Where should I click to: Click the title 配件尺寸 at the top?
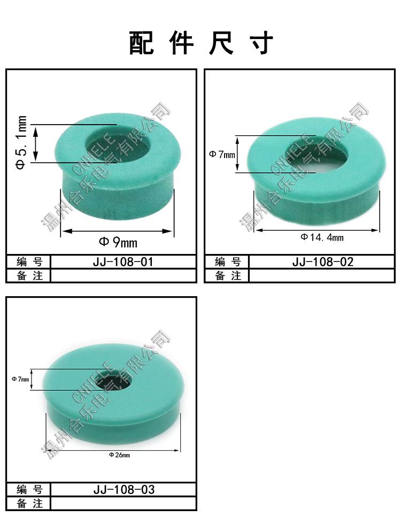point(201,43)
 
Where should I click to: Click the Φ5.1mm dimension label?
point(21,142)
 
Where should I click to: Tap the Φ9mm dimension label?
point(118,242)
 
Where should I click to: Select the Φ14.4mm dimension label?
point(322,237)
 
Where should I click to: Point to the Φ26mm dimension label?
point(119,455)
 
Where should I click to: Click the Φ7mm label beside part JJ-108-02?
point(222,154)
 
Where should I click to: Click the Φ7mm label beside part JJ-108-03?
point(20,379)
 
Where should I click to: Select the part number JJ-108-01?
point(124,262)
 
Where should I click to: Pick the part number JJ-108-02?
point(323,262)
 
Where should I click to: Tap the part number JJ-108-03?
point(124,490)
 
